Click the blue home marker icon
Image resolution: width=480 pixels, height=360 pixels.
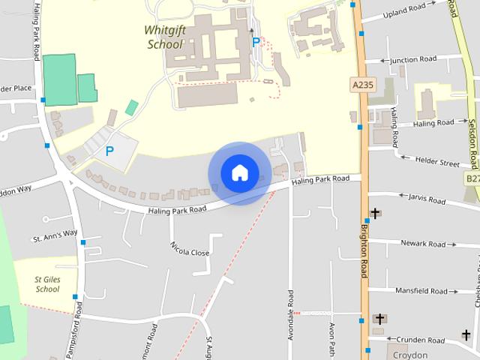tap(239, 172)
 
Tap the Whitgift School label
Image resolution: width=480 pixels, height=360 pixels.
tap(163, 37)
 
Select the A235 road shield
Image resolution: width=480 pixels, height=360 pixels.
tap(361, 86)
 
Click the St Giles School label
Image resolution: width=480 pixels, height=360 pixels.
tap(47, 284)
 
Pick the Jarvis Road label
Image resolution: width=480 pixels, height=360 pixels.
tap(428, 199)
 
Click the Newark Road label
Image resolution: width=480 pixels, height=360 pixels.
tap(424, 244)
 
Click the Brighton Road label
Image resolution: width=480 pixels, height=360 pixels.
tap(364, 250)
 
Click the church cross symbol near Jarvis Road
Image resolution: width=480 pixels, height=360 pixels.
tap(375, 213)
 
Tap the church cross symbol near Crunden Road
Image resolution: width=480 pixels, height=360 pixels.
tap(379, 319)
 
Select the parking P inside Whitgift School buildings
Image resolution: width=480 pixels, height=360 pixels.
tap(256, 43)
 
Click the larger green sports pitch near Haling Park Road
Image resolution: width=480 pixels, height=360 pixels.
tap(59, 79)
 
